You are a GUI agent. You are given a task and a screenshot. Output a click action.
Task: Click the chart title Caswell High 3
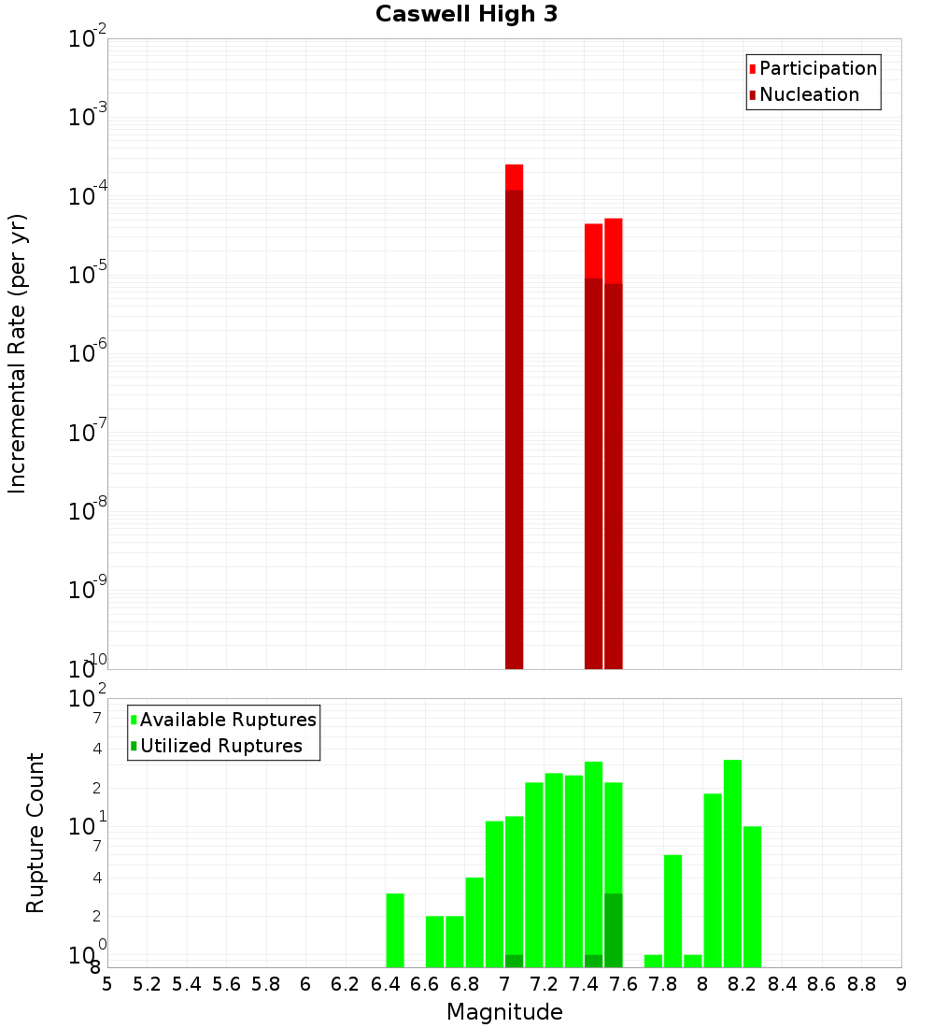466,15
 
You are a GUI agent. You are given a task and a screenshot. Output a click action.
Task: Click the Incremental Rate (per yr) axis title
18,353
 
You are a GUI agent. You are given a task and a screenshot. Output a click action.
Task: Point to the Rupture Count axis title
35,832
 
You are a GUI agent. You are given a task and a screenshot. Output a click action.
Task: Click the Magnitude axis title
504,1011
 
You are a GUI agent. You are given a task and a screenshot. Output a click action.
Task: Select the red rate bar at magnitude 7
514,421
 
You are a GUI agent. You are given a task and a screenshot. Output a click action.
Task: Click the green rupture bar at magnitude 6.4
395,931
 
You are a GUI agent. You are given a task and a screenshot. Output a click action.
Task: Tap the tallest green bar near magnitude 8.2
732,864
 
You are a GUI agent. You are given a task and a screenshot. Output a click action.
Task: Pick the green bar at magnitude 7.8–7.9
672,911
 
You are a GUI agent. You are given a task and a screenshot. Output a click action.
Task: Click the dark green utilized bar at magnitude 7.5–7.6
613,931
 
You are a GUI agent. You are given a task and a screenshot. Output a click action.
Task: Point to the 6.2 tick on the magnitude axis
346,983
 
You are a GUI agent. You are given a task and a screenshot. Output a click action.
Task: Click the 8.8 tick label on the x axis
861,983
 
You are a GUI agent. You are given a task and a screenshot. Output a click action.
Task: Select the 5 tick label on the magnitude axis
107,983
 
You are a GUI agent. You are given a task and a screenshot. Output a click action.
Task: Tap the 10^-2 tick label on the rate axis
88,40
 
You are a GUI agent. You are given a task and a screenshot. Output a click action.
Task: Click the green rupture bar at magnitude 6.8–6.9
474,922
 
